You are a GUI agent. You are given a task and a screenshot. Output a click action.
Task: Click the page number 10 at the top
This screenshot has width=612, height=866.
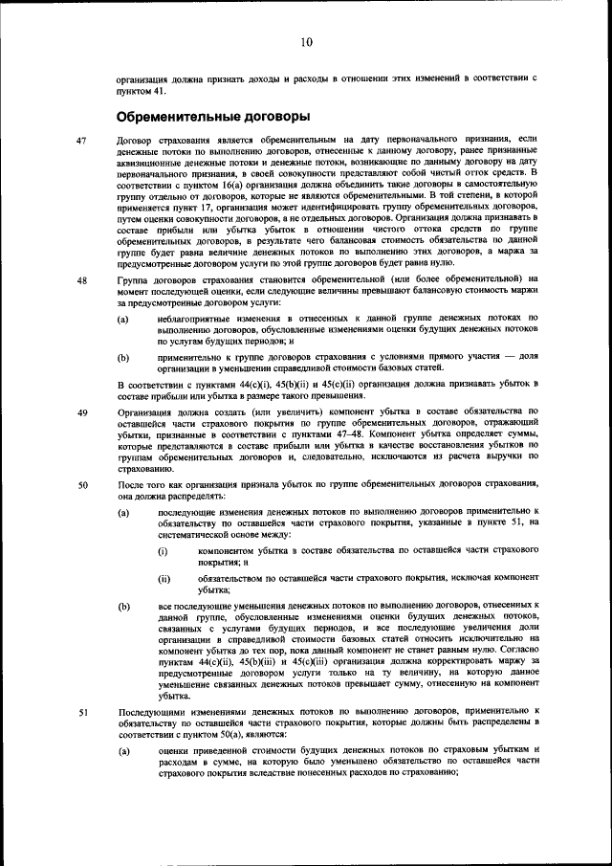tap(306, 41)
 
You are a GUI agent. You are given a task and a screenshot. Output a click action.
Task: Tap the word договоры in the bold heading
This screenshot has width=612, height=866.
tap(275, 117)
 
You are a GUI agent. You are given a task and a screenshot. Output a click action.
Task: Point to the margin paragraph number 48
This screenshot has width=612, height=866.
tap(82, 279)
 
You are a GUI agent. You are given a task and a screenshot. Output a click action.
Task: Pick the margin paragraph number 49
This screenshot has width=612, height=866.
tap(82, 412)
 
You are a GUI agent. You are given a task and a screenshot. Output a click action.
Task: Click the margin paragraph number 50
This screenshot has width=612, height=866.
tap(82, 484)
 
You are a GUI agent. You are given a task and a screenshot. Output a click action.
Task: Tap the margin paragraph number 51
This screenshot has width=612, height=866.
tap(82, 711)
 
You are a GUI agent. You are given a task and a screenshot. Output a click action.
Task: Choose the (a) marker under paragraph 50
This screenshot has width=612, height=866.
tap(123, 513)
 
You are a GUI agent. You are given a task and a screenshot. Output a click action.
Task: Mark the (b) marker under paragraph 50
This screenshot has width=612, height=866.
tap(123, 607)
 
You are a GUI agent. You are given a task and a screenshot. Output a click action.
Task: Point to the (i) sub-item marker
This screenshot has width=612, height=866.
tap(163, 552)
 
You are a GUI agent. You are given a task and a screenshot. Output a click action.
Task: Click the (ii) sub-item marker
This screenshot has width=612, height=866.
tap(164, 580)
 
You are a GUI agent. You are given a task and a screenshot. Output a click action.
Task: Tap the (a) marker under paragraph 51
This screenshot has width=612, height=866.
tap(123, 750)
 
